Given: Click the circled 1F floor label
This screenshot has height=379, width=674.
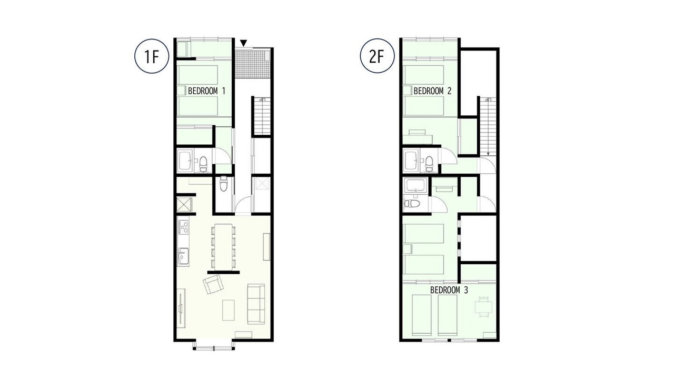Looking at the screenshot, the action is pos(152,56).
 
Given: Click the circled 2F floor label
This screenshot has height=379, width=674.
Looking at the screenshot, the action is pos(378,56).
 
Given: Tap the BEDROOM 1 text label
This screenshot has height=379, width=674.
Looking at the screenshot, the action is pos(207,91).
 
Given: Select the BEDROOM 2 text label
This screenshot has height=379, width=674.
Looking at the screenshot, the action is pos(432,91).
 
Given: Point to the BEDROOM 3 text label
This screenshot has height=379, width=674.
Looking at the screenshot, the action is pos(449,290).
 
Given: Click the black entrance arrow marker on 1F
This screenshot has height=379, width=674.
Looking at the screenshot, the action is pos(244,43).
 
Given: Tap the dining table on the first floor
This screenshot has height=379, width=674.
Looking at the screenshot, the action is pos(224,246).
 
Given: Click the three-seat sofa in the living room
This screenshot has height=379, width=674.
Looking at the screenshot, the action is pos(256,304).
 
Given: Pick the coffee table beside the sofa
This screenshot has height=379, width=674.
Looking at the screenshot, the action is pos(229,310).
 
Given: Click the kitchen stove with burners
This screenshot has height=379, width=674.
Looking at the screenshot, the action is pos(184,227).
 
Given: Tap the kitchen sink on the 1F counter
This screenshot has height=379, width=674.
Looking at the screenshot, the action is pos(183,256).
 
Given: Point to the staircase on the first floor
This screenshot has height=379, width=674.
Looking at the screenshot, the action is pos(262,116).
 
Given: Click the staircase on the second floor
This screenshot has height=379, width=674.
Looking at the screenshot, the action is pos(488,126).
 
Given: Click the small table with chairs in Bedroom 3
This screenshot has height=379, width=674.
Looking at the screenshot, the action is pos(483,307).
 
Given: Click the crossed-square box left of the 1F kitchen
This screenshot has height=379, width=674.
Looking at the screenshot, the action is pos(184,205).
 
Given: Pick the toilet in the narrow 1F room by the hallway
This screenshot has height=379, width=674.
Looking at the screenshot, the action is pos(224,184).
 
